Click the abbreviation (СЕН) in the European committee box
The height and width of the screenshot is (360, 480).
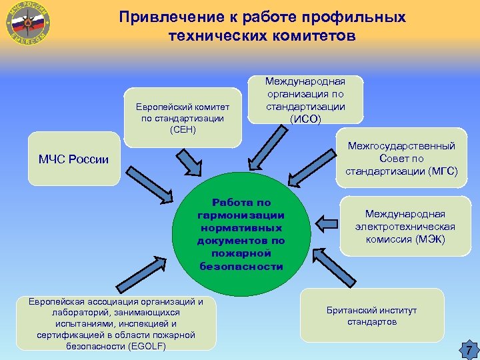click(183, 129)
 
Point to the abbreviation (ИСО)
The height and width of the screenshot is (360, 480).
click(305, 119)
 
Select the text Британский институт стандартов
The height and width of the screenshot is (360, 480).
click(371, 316)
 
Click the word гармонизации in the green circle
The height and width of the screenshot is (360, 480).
click(241, 215)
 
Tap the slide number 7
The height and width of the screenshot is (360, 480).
click(468, 349)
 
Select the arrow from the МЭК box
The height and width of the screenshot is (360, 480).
click(327, 221)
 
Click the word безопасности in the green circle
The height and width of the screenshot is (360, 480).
click(241, 266)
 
